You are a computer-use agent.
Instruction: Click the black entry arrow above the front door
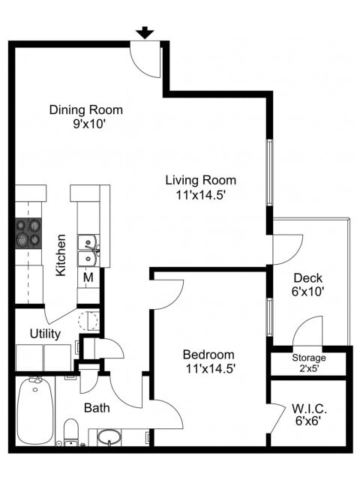coord(145,32)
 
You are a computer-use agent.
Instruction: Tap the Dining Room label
coord(85,110)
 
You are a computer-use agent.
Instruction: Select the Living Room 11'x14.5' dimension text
coord(200,194)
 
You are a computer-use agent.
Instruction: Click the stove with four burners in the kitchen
coord(28,232)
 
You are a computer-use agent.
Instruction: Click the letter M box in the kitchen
coord(88,277)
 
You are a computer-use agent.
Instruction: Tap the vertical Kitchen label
coord(61,255)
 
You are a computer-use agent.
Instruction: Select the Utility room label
coord(45,332)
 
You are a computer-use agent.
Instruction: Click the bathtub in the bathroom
coord(34,409)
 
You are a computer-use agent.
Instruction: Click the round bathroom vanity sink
coord(109,437)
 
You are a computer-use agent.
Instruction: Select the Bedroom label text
coord(208,354)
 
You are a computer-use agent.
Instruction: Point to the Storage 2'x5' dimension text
coord(308,367)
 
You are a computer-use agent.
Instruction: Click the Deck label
coord(307,278)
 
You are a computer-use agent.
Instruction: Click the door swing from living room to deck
coord(286,248)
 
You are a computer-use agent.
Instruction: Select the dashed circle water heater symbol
coord(88,321)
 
